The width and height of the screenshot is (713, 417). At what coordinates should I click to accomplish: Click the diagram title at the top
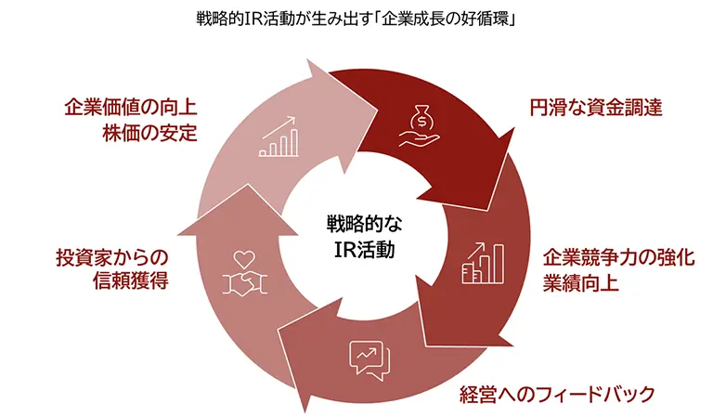pos(356,18)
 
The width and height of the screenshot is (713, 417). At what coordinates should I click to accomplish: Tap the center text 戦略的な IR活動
pos(356,236)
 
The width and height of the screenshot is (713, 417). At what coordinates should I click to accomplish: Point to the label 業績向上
pos(580,282)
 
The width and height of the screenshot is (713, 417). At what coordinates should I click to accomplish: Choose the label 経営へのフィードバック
pos(557,393)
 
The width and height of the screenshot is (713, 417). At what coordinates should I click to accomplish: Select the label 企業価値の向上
pos(130,107)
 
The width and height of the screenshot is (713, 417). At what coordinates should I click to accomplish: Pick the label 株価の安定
pos(149,132)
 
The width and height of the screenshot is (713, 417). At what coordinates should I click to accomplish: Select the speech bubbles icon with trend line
pos(364,358)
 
